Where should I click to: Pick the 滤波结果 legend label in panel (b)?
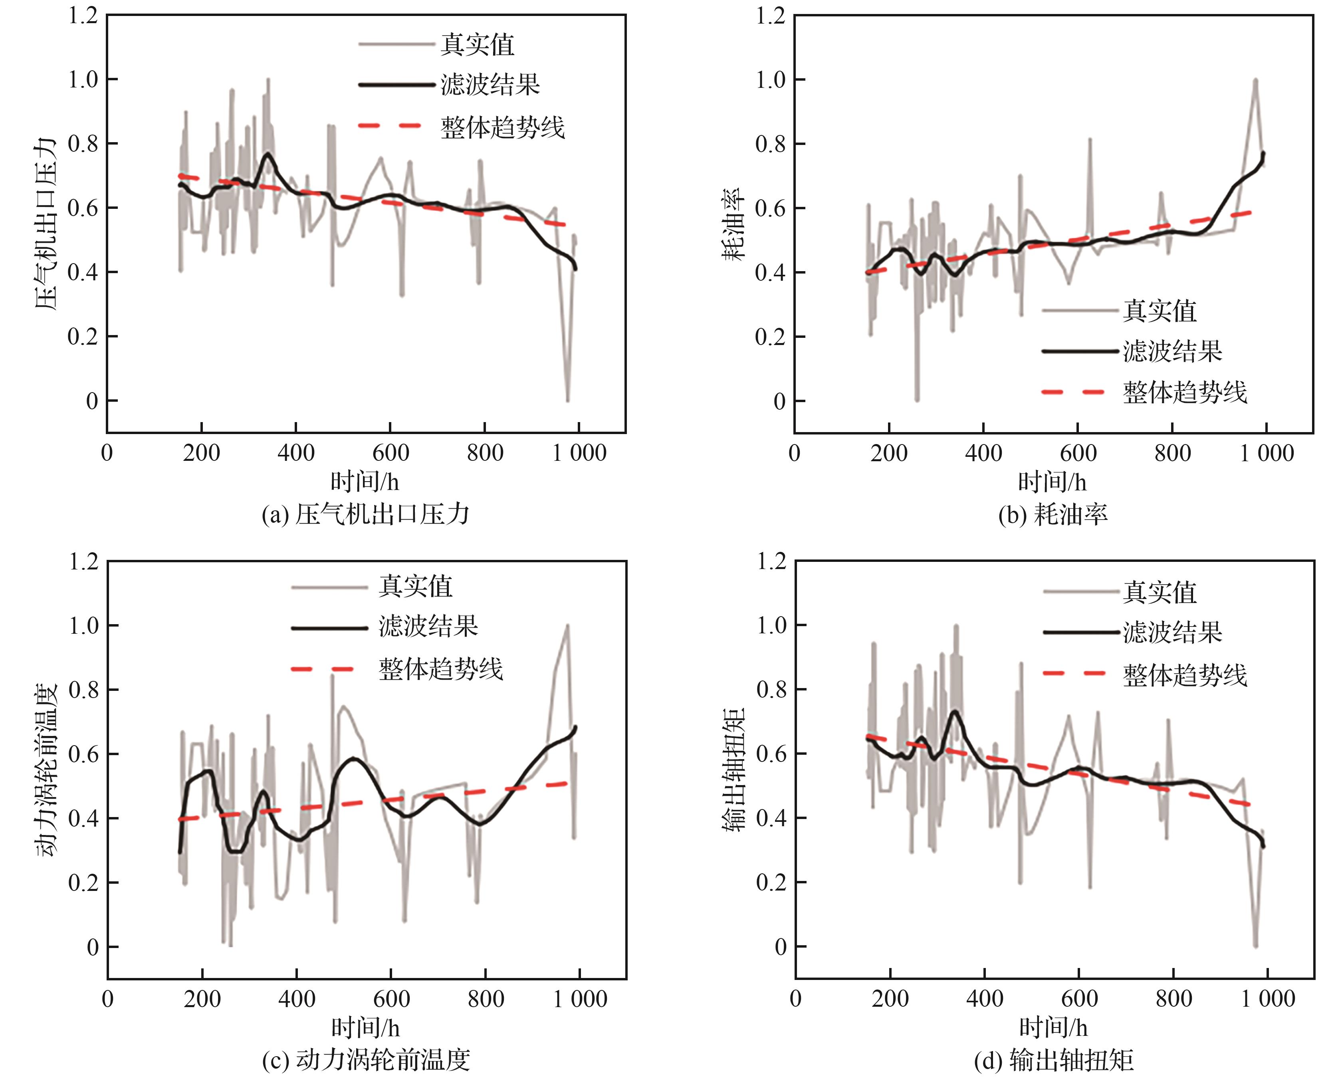coord(1173,351)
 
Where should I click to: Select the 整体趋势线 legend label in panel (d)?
coord(1185,675)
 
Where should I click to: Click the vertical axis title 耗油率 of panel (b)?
coord(733,223)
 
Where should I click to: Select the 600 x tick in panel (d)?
coord(1079,998)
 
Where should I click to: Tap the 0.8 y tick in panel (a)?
coord(83,143)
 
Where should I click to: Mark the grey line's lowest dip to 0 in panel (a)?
coord(568,400)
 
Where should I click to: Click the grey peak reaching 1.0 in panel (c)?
coord(568,625)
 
